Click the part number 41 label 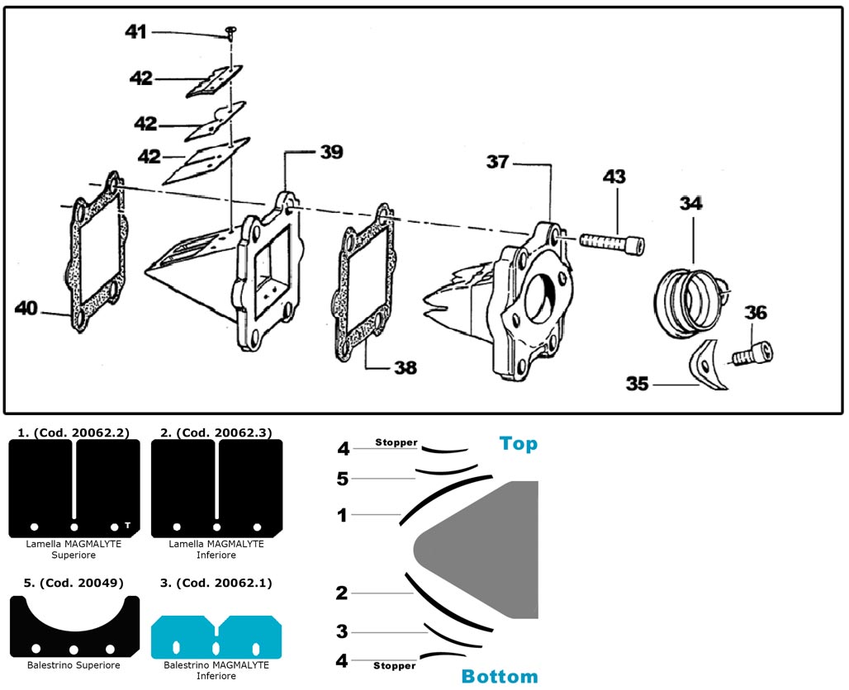(135, 31)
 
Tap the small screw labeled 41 (230, 32)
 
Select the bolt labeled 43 (612, 243)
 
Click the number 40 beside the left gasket (26, 308)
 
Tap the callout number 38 (405, 368)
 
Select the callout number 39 (331, 153)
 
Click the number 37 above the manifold (497, 162)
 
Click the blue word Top (518, 444)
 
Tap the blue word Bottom (500, 677)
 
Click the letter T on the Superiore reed (127, 525)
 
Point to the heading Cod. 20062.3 (216, 432)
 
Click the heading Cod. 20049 (74, 583)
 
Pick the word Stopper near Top (396, 443)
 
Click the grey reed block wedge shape (487, 548)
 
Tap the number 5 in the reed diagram (343, 479)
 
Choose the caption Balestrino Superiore (74, 665)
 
